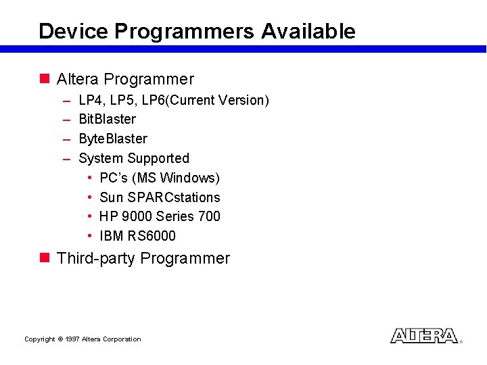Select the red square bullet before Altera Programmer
[45, 79]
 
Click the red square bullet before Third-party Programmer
[45, 258]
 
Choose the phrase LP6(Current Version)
[205, 101]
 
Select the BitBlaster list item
[107, 120]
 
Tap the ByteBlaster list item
[112, 139]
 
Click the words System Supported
[134, 158]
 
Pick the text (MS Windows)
[176, 178]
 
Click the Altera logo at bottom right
[424, 336]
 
